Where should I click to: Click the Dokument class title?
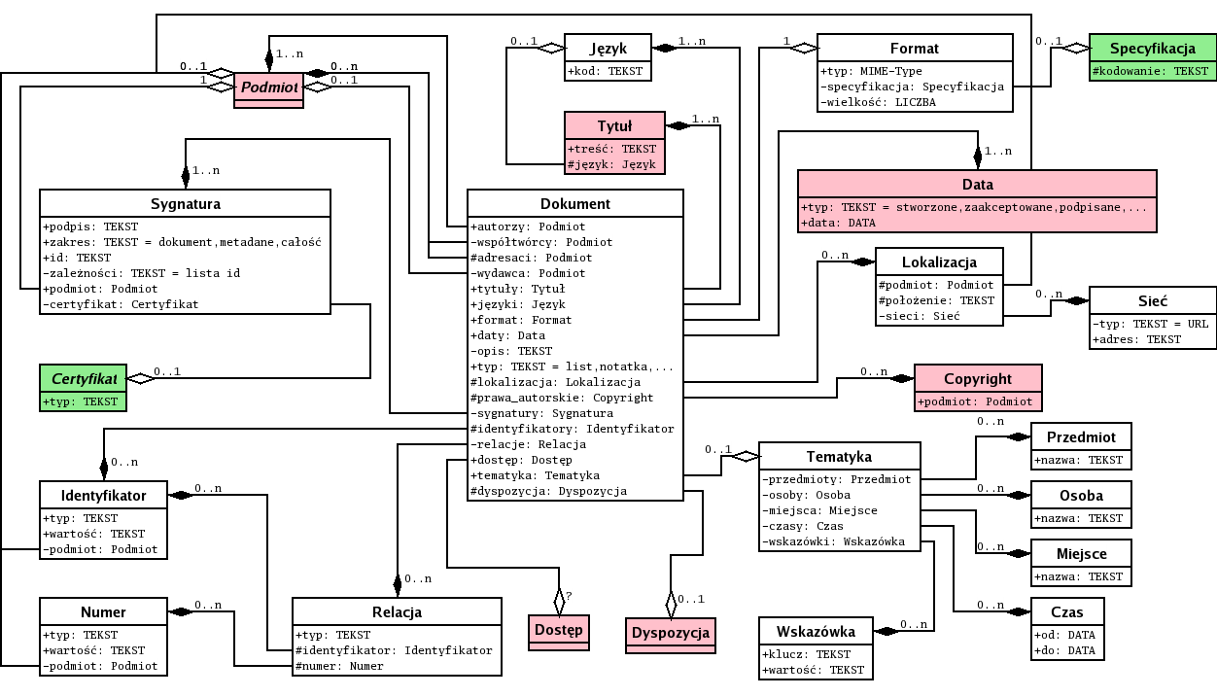click(x=574, y=203)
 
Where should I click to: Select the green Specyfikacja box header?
click(x=1152, y=48)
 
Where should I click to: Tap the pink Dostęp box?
click(x=559, y=630)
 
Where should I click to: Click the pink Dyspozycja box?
click(x=670, y=633)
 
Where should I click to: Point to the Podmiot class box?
click(x=268, y=87)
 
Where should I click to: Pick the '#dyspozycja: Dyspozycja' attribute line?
click(x=548, y=491)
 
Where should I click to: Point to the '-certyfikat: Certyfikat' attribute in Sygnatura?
click(x=121, y=304)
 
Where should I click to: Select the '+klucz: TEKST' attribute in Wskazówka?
click(x=806, y=654)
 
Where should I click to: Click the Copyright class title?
click(x=978, y=378)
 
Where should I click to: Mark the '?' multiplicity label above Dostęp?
click(x=570, y=594)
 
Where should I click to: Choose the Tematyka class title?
click(x=839, y=456)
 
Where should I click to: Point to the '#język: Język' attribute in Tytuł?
click(x=612, y=164)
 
